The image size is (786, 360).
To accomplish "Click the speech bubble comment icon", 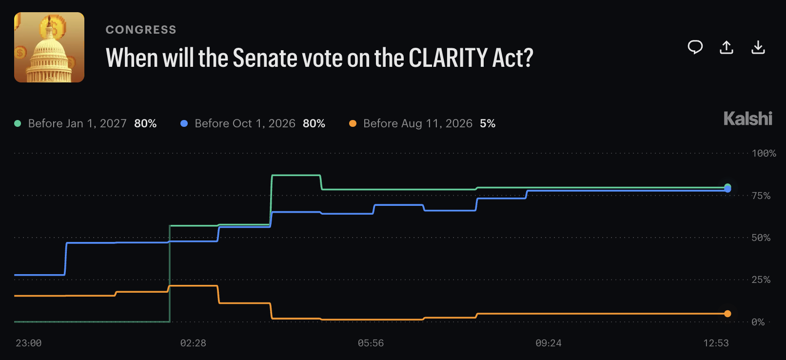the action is click(695, 47).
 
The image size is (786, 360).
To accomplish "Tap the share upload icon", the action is click(727, 47).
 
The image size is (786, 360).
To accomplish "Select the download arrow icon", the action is click(758, 47).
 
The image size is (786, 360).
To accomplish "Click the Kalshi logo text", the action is click(748, 119).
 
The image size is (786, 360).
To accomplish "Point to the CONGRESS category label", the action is click(141, 30).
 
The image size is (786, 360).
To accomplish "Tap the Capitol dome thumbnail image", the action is click(49, 47).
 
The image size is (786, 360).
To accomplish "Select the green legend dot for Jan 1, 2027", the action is click(18, 123).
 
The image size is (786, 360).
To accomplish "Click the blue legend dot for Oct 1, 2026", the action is click(184, 123).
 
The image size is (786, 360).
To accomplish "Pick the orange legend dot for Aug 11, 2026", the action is click(353, 123).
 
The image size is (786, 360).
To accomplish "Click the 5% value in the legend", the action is click(488, 123).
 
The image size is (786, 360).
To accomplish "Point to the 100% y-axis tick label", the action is click(764, 153).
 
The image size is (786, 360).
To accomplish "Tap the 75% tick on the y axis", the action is click(761, 196).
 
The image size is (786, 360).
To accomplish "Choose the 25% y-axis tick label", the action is click(761, 280).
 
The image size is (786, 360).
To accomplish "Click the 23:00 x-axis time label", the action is click(28, 343).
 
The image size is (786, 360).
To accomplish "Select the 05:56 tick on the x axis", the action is click(371, 343).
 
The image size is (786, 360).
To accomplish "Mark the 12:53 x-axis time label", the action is click(716, 343).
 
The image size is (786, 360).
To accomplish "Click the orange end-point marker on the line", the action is click(728, 314).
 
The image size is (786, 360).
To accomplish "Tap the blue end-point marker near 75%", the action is click(728, 189).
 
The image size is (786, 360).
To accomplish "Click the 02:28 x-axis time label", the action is click(193, 343).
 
